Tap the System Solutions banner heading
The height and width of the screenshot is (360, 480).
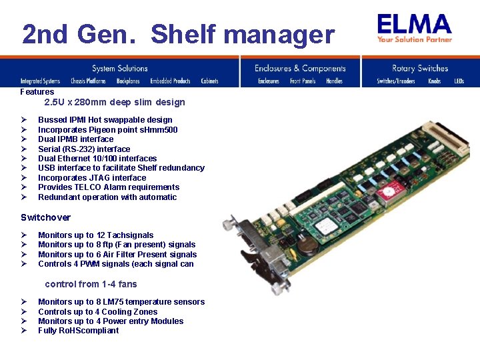coord(120,68)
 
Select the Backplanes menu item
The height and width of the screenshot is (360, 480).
coord(128,81)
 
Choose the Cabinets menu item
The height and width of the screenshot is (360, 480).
coord(209,81)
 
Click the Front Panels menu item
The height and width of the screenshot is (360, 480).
coord(303,81)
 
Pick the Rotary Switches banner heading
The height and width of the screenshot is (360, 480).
coord(420,68)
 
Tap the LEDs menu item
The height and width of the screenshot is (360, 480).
coord(459,81)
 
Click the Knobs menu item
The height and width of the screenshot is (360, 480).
coord(435,81)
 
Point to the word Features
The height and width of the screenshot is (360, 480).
coord(37,92)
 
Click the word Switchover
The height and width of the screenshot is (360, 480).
coord(45,217)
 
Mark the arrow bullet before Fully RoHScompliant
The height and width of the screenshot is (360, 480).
coord(23,331)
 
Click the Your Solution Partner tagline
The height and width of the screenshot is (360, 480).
coord(414,39)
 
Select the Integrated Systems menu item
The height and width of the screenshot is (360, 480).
coord(40,81)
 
